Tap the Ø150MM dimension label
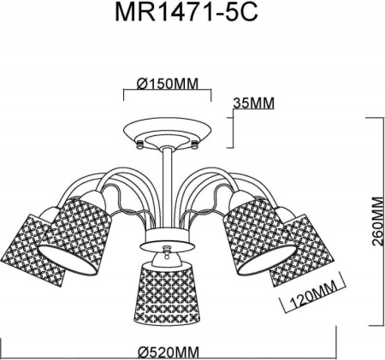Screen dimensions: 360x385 click(174, 84)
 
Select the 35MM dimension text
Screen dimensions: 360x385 click(253, 103)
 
